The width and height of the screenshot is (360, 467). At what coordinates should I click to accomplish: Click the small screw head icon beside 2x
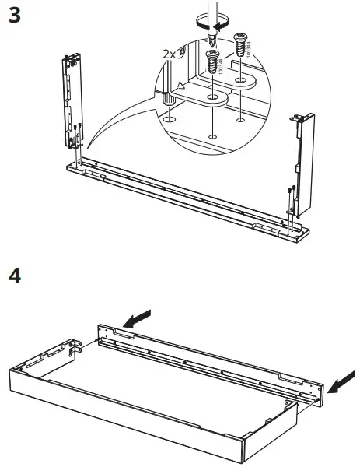pos(183,52)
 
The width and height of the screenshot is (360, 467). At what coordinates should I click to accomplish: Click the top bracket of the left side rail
pos(72,61)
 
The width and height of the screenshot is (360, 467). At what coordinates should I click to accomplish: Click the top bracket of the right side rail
pos(301,118)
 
